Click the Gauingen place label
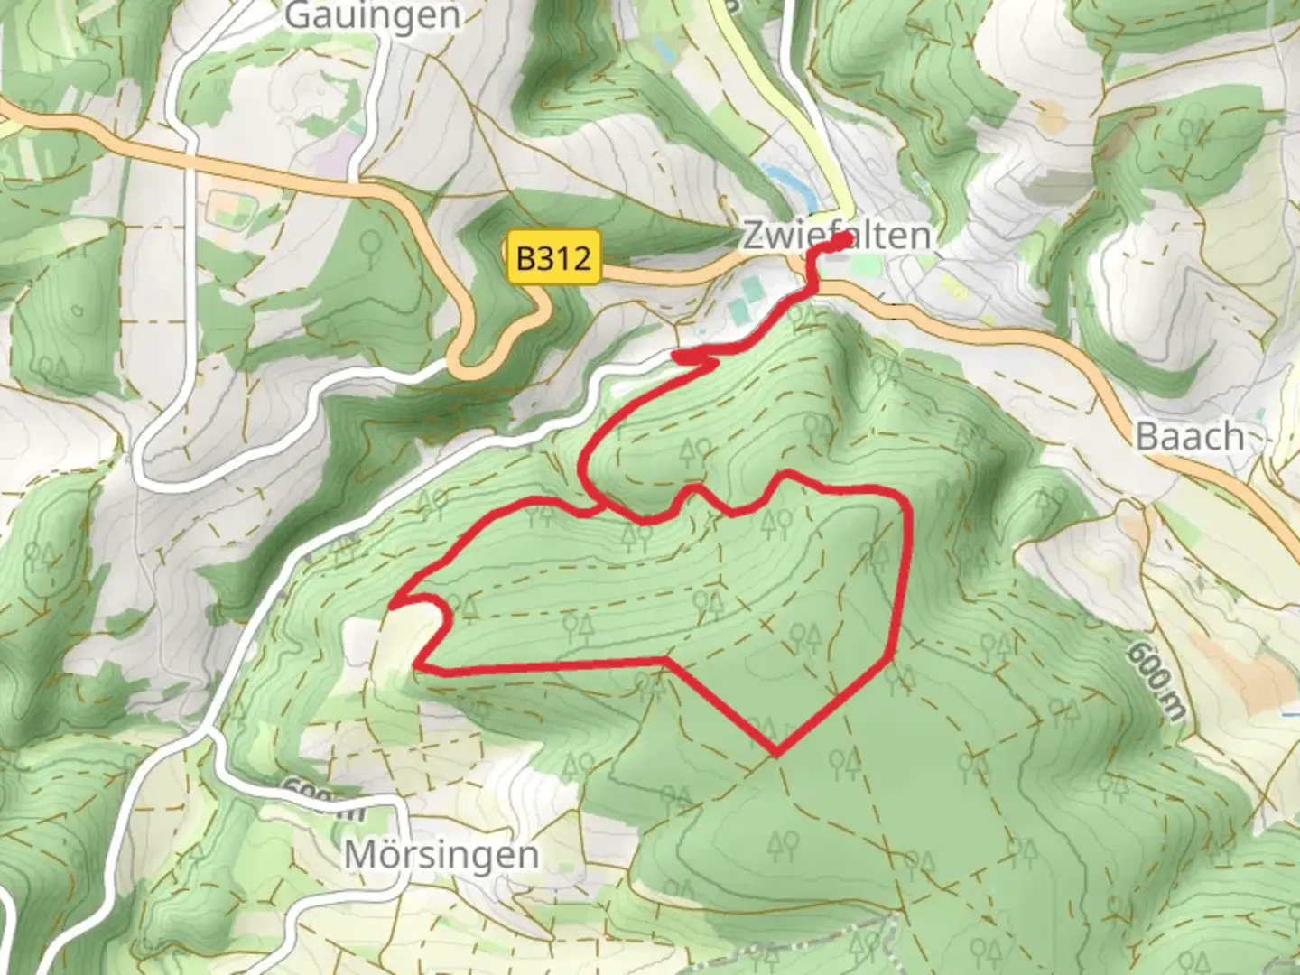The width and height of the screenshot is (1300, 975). (x=372, y=15)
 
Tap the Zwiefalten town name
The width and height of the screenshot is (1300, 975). (x=836, y=236)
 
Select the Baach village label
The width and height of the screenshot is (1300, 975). (x=1190, y=436)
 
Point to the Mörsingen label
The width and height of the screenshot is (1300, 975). (x=441, y=854)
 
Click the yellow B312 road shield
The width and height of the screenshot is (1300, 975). (x=553, y=258)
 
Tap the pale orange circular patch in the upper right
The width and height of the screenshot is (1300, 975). (x=1051, y=115)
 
